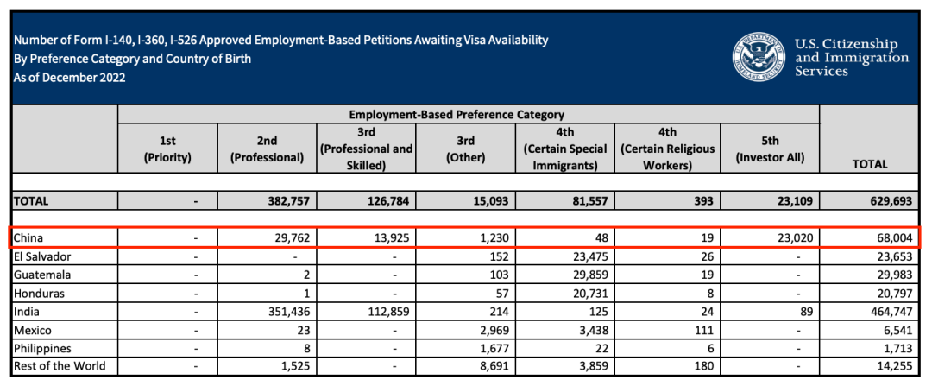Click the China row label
pos(28,237)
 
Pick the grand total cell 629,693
pos(869,201)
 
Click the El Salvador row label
pos(41,256)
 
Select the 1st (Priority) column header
pos(167,149)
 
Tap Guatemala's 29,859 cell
pos(589,274)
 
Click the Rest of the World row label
pos(60,365)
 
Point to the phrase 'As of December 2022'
pos(70,77)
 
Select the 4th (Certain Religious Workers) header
pos(667,149)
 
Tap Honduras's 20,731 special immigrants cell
pos(589,292)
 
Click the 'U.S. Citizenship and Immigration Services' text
pos(851,57)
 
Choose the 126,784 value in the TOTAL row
pos(385,201)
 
